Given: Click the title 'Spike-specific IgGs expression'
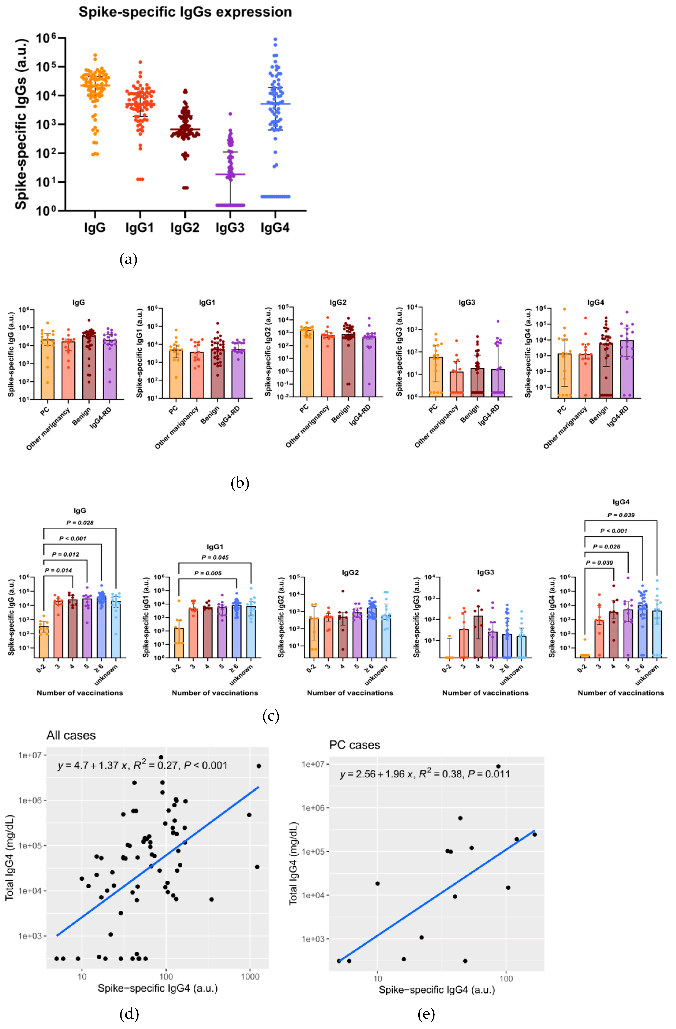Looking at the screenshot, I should click(x=185, y=12).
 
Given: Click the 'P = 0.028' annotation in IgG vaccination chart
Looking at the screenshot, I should click(x=80, y=523).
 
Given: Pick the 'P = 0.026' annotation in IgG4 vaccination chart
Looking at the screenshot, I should click(x=606, y=546).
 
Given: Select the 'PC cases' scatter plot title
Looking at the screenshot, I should click(x=355, y=745).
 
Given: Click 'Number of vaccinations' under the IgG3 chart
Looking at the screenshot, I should click(x=485, y=693).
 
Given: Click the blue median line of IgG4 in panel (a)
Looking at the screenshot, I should click(x=275, y=104).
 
